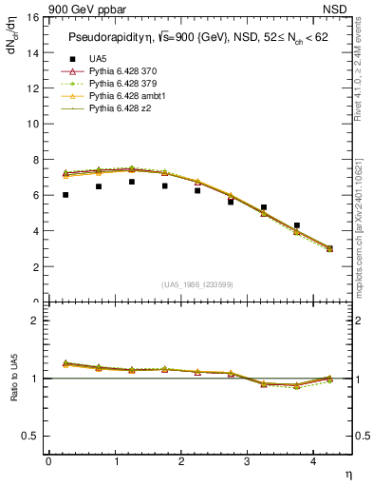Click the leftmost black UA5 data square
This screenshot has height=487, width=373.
(x=65, y=195)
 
